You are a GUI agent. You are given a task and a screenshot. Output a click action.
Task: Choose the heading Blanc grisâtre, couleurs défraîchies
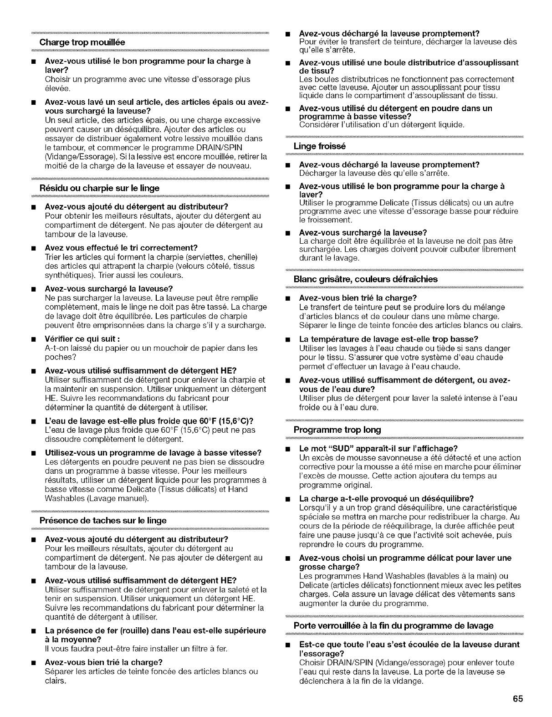[x=365, y=279]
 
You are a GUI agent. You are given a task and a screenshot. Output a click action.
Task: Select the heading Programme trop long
[x=337, y=430]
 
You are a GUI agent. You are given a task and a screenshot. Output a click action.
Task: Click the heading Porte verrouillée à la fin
[x=394, y=625]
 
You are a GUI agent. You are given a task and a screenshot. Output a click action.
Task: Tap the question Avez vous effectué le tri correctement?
[x=121, y=248]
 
